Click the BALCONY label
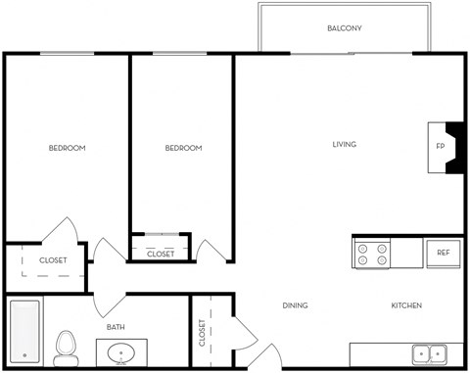(x=344, y=28)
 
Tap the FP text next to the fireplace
(x=439, y=148)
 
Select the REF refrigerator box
(x=443, y=253)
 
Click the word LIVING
(x=344, y=145)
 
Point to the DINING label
(x=296, y=305)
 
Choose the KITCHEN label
(x=406, y=305)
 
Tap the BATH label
(x=116, y=327)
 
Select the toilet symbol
(x=67, y=346)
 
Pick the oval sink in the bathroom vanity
(x=122, y=352)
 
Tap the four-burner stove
(x=372, y=255)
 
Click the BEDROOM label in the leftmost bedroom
(x=68, y=149)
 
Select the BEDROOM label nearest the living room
(x=183, y=149)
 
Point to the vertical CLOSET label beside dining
(x=202, y=333)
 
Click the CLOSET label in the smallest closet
(x=161, y=254)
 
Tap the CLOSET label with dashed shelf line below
(x=53, y=260)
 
